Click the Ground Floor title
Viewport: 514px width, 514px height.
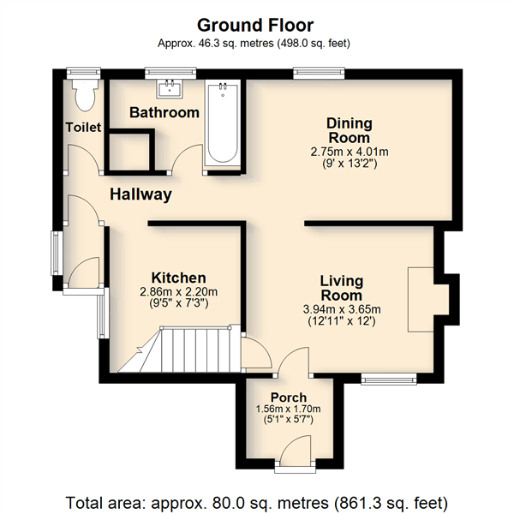[255, 25]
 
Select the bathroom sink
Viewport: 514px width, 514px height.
[170, 88]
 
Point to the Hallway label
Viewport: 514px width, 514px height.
[140, 194]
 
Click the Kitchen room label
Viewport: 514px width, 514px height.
[179, 278]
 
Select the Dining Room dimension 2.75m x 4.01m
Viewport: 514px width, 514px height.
[350, 152]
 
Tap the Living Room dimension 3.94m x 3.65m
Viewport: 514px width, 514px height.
[342, 309]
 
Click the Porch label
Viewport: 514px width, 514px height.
[289, 397]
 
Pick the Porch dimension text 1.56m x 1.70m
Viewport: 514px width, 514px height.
[289, 409]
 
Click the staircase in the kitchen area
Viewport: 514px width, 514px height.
[179, 350]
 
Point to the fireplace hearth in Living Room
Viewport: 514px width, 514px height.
[421, 300]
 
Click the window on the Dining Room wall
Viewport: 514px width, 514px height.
[319, 73]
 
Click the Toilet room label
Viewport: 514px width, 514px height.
[83, 127]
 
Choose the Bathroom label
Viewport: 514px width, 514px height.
[164, 112]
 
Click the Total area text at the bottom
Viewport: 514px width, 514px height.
[257, 503]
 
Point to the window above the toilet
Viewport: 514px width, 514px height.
[83, 73]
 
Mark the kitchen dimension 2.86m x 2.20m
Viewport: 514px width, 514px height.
[179, 292]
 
